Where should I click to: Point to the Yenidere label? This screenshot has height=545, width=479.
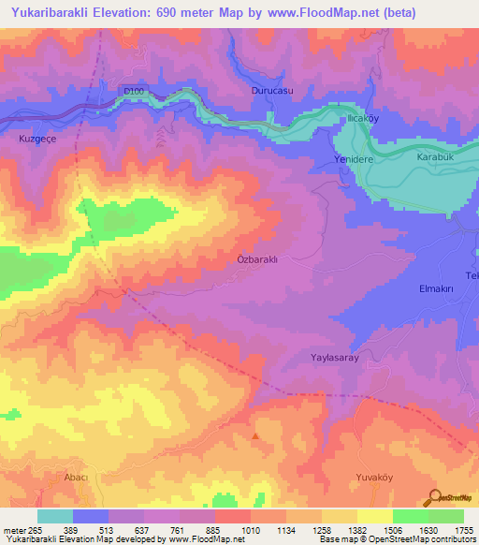tap(354, 160)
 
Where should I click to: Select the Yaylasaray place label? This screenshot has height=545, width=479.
tap(335, 358)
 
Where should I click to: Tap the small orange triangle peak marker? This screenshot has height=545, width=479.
tap(255, 435)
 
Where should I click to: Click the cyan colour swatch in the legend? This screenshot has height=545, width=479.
tap(55, 516)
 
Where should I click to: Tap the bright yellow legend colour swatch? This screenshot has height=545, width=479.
tap(374, 516)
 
